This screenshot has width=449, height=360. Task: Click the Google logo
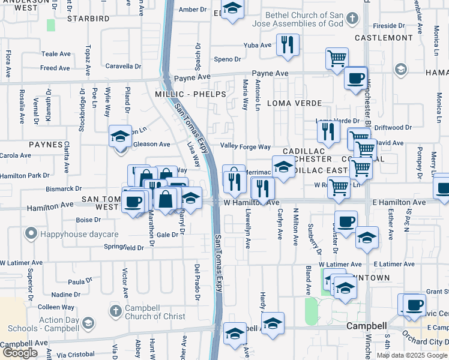click(19, 353)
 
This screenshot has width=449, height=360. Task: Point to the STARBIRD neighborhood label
click(88, 19)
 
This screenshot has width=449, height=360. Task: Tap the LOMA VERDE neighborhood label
click(294, 103)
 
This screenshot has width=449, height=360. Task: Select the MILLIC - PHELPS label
click(191, 95)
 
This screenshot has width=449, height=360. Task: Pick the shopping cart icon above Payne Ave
click(337, 59)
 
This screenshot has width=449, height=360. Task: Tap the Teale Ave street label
click(56, 54)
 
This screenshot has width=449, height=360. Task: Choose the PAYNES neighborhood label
click(45, 145)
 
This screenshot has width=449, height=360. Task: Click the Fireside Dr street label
click(389, 26)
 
